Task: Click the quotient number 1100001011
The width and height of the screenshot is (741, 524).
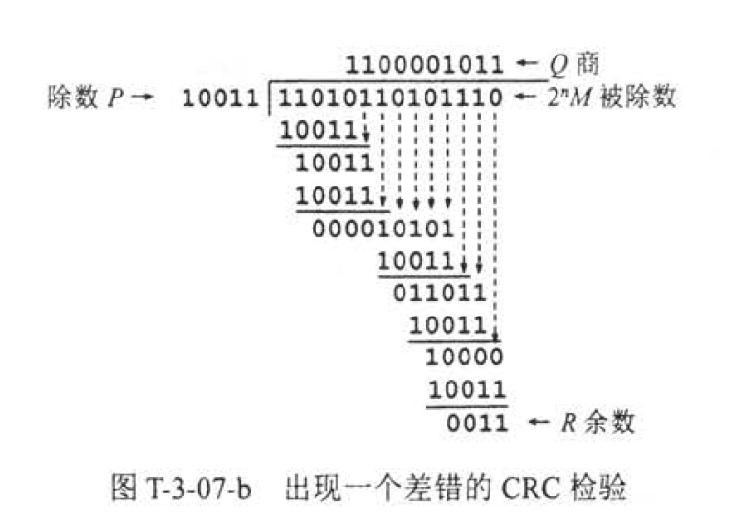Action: [425, 65]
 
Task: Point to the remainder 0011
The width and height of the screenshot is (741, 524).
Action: [476, 422]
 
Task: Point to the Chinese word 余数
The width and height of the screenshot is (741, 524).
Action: [615, 422]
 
